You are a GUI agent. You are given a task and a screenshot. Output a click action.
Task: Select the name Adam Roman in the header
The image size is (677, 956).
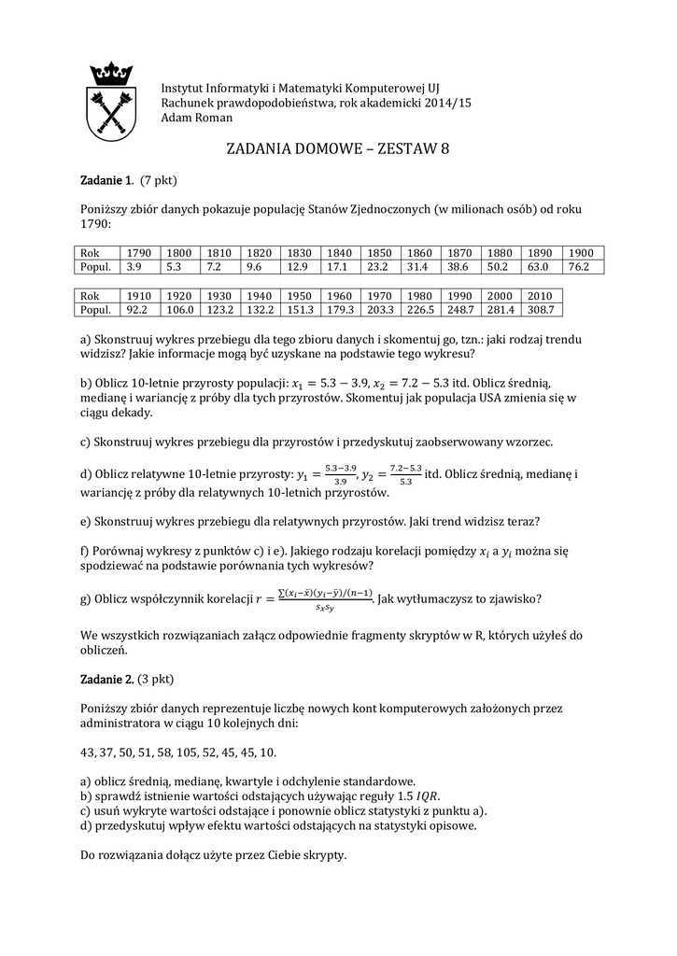pyautogui.click(x=197, y=118)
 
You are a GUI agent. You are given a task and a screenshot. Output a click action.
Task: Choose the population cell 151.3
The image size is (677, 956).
pyautogui.click(x=300, y=309)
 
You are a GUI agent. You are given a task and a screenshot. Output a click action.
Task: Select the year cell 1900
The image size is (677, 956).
pyautogui.click(x=581, y=253)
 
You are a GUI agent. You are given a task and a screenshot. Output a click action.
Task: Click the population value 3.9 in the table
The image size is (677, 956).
pyautogui.click(x=134, y=267)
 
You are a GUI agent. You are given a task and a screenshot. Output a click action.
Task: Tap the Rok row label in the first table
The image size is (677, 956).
pyautogui.click(x=90, y=253)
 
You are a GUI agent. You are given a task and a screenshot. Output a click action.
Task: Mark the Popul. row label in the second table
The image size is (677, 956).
pyautogui.click(x=96, y=309)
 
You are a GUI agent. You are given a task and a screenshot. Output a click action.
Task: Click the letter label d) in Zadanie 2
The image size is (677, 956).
pyautogui.click(x=86, y=825)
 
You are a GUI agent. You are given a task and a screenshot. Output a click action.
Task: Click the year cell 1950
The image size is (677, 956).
pyautogui.click(x=300, y=295)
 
